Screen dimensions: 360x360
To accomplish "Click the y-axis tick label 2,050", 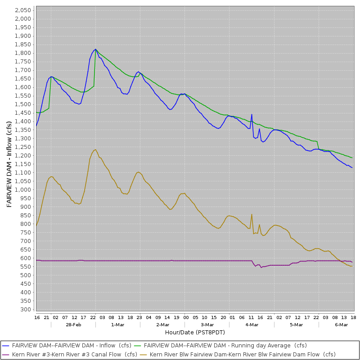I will (22, 10).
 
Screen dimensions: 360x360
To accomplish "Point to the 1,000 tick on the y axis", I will (22, 190).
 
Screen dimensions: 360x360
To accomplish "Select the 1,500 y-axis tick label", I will (22, 104).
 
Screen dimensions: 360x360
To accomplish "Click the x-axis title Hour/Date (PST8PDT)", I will (194, 332).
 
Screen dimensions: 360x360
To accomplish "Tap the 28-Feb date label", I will (73, 324).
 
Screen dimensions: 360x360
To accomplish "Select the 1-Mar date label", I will (117, 324).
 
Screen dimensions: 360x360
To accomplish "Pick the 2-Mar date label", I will (162, 324).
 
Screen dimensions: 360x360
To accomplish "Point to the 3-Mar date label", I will (207, 324).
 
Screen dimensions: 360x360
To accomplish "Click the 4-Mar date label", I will (252, 324).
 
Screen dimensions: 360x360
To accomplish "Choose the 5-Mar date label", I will (296, 324).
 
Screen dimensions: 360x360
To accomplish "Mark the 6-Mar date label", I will (342, 324).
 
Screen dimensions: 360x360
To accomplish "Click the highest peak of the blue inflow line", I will (95, 49).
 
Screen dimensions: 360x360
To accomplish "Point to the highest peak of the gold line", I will (95, 150).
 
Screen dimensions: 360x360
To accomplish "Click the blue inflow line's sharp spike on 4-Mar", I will (252, 114).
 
